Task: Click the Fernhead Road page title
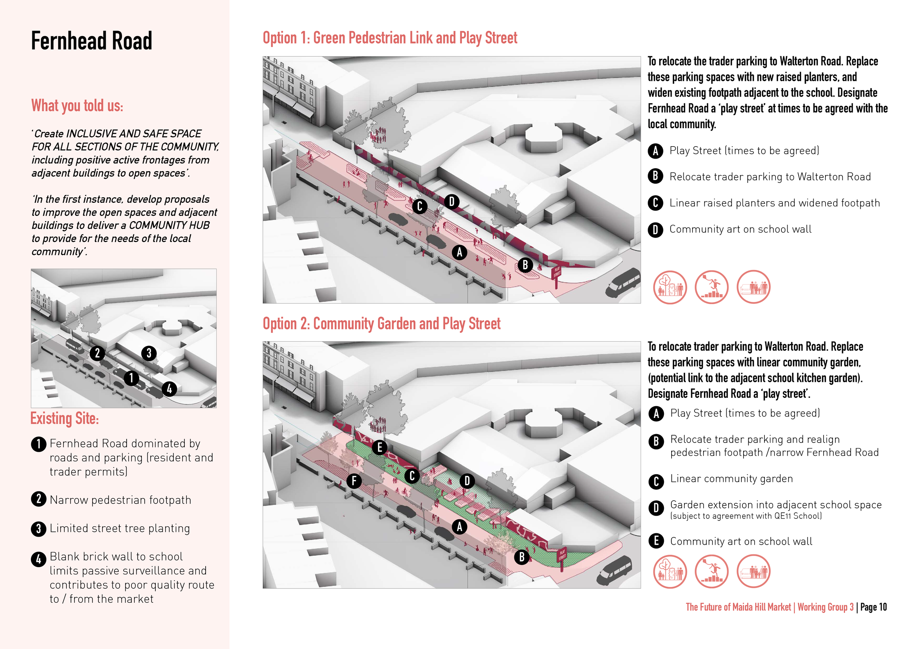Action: click(x=91, y=41)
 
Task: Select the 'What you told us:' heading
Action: click(x=77, y=106)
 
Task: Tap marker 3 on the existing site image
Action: click(x=149, y=353)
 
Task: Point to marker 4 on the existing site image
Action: click(x=169, y=389)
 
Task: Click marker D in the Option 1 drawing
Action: click(x=451, y=202)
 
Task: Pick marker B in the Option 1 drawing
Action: click(x=525, y=265)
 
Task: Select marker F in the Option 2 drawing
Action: click(x=354, y=481)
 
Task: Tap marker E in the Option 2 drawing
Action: click(x=379, y=447)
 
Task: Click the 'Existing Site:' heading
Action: click(x=64, y=419)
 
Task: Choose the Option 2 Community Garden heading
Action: click(x=381, y=324)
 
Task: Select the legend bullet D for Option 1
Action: click(x=655, y=230)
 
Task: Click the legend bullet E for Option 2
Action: click(x=656, y=541)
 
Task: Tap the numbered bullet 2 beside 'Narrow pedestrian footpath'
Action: click(x=39, y=499)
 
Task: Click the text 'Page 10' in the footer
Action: click(x=873, y=607)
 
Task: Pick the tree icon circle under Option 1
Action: click(x=670, y=287)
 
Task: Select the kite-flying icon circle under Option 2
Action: click(x=711, y=572)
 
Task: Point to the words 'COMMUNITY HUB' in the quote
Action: click(x=169, y=226)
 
